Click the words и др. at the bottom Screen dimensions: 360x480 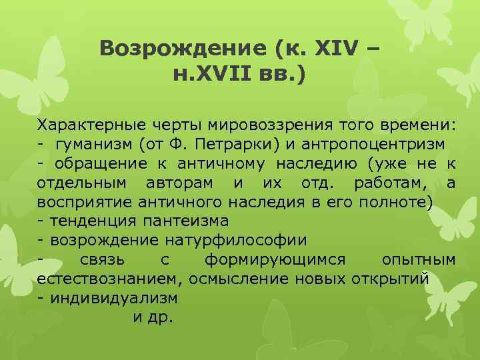tap(153, 317)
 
